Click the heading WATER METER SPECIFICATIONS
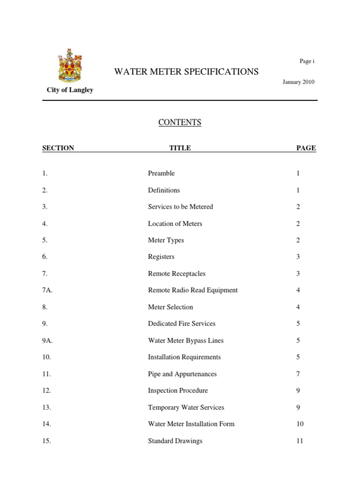(187, 72)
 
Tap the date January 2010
(298, 82)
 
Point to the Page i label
(307, 61)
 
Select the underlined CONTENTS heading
(180, 122)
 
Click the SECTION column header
(58, 148)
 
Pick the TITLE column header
(180, 148)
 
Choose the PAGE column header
(306, 148)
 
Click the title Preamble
(161, 173)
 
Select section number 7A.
(47, 290)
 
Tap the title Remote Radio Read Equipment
(193, 290)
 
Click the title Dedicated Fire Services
(182, 323)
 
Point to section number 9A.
(47, 341)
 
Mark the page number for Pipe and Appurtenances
(298, 374)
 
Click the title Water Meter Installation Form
(191, 424)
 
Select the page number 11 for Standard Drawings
(300, 441)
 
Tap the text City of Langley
(70, 90)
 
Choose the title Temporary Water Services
(186, 407)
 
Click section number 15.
(46, 441)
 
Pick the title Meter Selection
(171, 307)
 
